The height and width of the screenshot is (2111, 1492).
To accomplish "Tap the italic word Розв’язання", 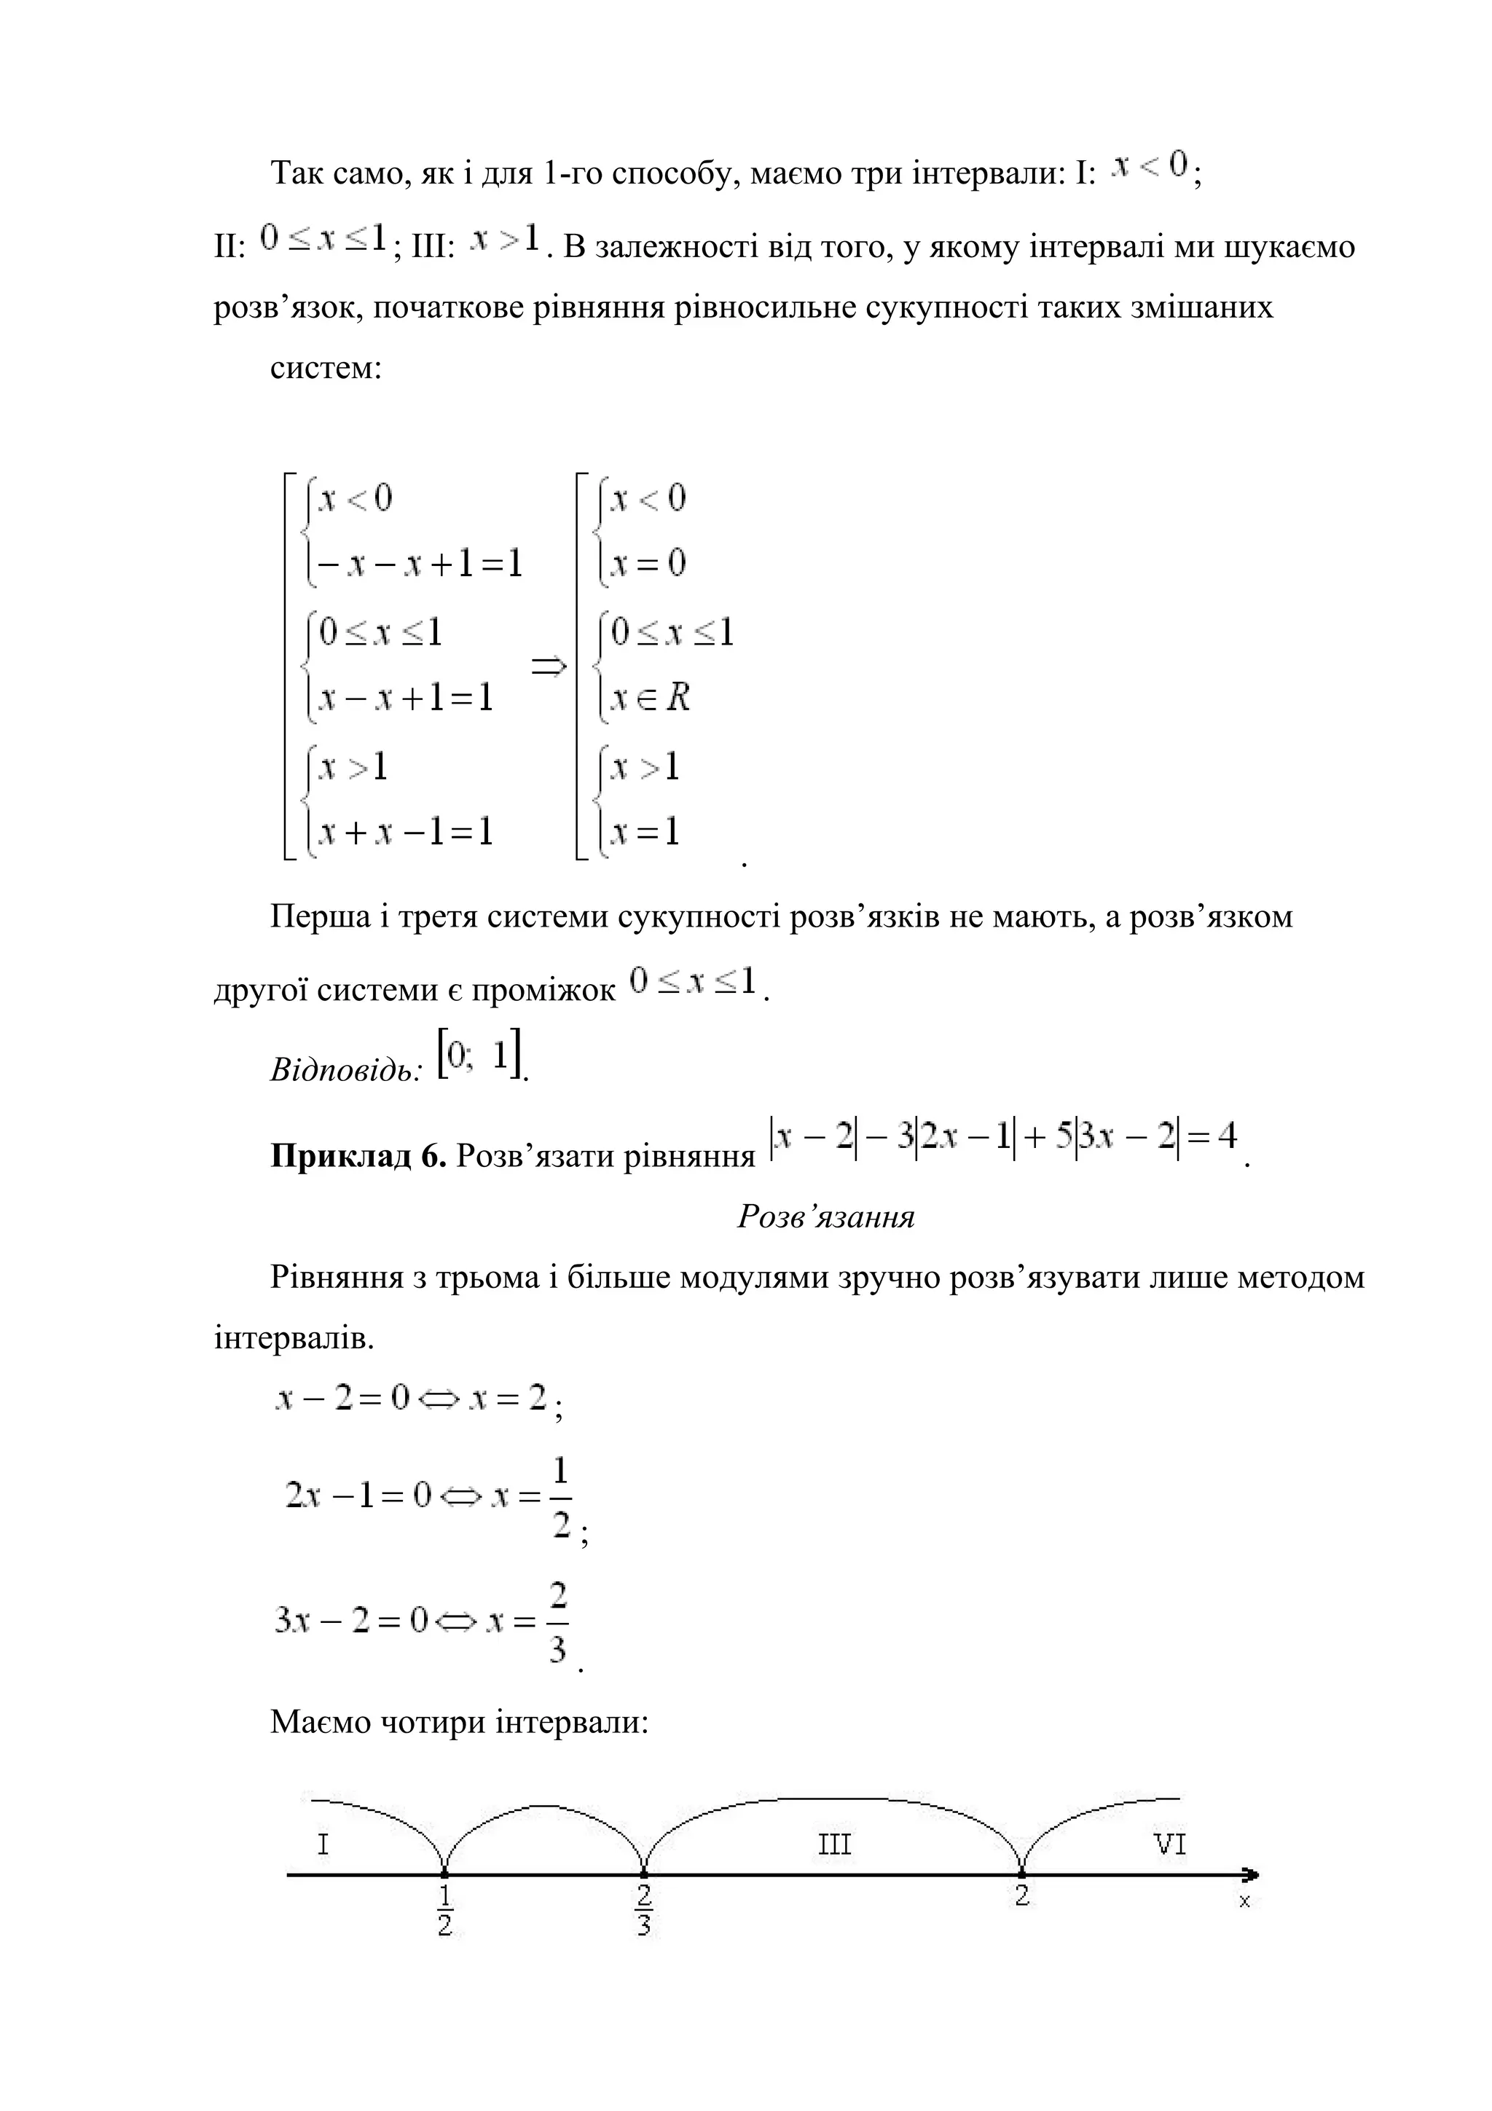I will coord(825,1217).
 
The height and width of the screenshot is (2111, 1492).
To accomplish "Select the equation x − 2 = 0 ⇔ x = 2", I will coord(411,1399).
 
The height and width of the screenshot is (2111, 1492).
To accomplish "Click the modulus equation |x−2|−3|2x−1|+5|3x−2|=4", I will coord(1004,1139).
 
